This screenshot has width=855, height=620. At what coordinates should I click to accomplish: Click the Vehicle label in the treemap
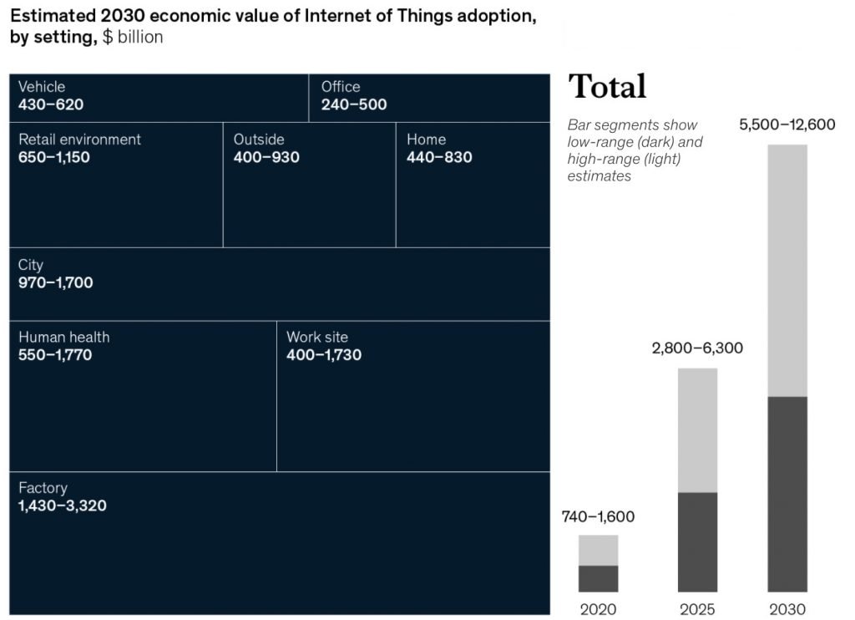42,87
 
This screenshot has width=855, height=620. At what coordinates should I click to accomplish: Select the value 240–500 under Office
354,105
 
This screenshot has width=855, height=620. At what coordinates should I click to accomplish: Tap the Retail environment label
80,140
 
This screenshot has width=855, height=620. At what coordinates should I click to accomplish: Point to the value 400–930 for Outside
266,157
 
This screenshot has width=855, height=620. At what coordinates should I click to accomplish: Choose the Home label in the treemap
426,140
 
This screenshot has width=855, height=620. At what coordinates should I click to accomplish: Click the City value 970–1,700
56,283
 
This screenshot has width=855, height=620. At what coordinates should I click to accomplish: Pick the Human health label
64,338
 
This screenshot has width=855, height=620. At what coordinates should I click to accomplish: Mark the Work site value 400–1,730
324,355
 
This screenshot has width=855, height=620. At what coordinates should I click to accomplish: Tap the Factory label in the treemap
43,488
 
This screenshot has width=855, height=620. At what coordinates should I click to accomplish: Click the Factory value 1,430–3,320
63,506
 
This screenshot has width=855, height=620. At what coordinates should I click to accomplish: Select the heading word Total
607,87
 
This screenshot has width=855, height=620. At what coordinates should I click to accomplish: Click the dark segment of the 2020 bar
598,578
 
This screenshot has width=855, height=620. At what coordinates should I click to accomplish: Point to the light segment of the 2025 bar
697,429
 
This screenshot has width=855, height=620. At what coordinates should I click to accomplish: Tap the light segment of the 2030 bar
787,270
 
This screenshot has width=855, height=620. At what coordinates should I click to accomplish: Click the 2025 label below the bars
697,609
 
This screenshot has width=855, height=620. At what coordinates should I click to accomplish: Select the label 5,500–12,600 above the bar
787,125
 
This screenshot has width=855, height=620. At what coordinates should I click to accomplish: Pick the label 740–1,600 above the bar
598,517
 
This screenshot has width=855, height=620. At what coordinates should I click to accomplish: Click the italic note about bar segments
635,150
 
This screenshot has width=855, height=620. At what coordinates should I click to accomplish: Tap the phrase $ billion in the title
133,38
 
